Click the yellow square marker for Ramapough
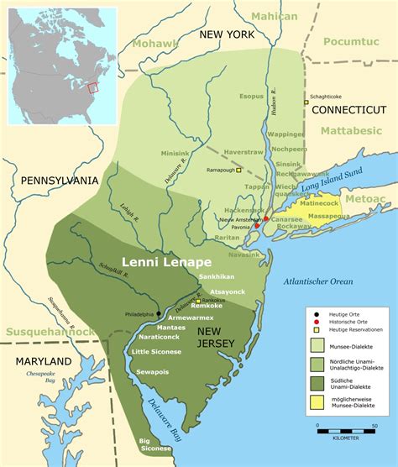coord(238,170)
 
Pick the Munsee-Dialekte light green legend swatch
coord(319,344)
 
